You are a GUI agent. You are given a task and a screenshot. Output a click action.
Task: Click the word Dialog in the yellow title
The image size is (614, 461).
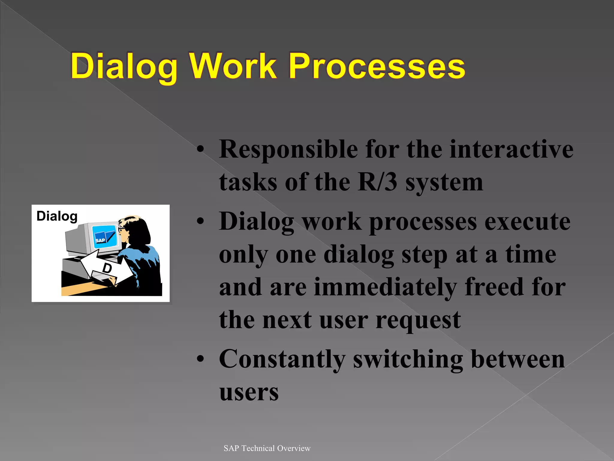click(124, 67)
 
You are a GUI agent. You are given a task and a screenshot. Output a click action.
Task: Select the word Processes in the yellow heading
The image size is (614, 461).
click(377, 67)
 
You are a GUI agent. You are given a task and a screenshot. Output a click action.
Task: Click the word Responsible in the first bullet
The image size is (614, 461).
click(288, 149)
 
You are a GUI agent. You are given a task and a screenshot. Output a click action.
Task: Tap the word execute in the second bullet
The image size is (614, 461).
click(527, 221)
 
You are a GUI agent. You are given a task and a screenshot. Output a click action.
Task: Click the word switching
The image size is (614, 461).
click(408, 359)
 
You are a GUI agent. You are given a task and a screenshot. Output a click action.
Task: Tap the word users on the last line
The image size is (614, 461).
click(249, 392)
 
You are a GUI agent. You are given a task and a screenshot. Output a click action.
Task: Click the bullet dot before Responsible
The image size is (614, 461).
click(200, 150)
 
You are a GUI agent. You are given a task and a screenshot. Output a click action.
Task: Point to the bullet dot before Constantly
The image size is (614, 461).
click(200, 359)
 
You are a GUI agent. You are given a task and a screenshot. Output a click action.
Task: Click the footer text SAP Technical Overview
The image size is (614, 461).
click(267, 448)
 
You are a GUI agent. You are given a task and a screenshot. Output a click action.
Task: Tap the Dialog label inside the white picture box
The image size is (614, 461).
click(57, 216)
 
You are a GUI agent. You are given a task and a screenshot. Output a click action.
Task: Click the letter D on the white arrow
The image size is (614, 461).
click(107, 268)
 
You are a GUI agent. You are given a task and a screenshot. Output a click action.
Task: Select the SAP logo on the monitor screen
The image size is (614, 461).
click(100, 240)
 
